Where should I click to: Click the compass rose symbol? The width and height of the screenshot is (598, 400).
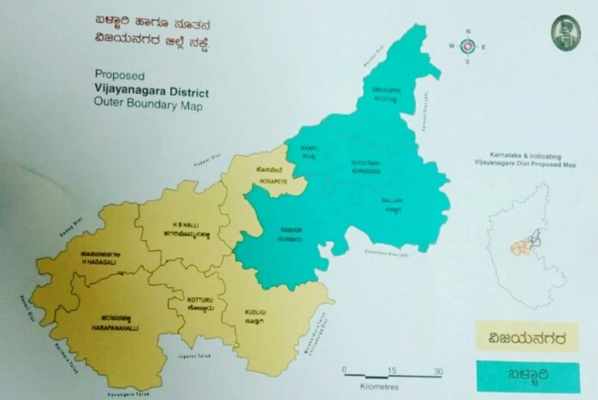[x=468, y=46]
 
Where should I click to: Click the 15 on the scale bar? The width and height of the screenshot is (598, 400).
[x=392, y=370]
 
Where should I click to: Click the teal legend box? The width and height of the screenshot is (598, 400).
[x=527, y=376]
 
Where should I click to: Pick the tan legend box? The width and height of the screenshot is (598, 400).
[x=527, y=336]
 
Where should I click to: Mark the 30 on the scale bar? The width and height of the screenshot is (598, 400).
[x=438, y=370]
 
